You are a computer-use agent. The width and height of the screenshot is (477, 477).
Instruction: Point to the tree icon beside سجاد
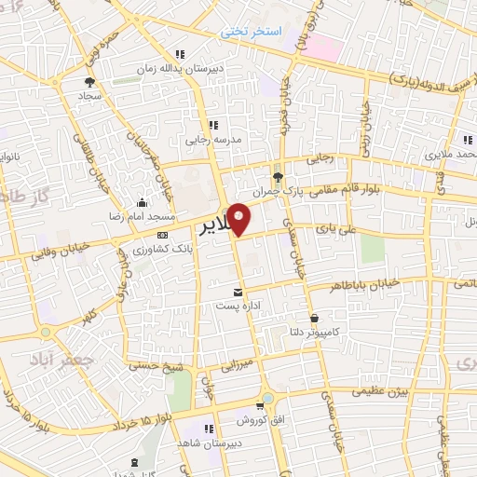click(x=89, y=82)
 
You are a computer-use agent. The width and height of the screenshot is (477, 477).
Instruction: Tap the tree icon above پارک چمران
click(x=277, y=175)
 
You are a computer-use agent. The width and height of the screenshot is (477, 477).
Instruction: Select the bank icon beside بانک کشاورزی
click(x=163, y=235)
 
